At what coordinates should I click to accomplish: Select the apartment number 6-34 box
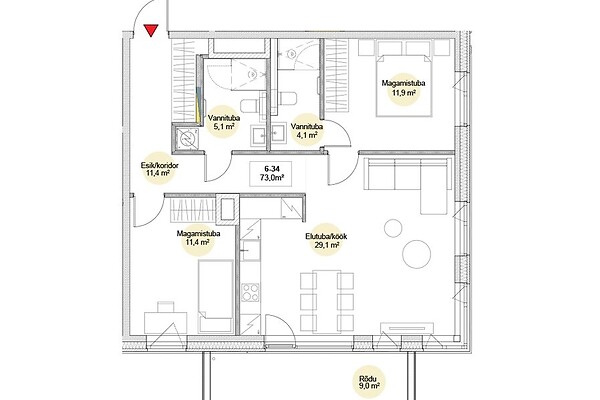(x=271, y=174)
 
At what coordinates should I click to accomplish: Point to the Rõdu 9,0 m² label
(x=369, y=382)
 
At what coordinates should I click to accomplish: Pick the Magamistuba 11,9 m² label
(x=404, y=88)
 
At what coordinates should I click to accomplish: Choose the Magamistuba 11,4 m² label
(x=198, y=238)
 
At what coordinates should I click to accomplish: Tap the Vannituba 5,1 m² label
(x=224, y=122)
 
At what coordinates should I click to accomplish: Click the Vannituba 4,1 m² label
(x=307, y=130)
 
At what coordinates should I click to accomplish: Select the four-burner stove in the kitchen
(x=251, y=292)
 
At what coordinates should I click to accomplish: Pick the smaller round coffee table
(x=393, y=228)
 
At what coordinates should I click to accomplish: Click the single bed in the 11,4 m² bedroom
(x=216, y=296)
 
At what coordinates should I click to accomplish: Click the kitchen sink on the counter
(x=251, y=251)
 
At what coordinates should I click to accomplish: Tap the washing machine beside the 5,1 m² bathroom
(x=186, y=138)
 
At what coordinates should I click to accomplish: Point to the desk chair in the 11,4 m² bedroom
(x=166, y=307)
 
